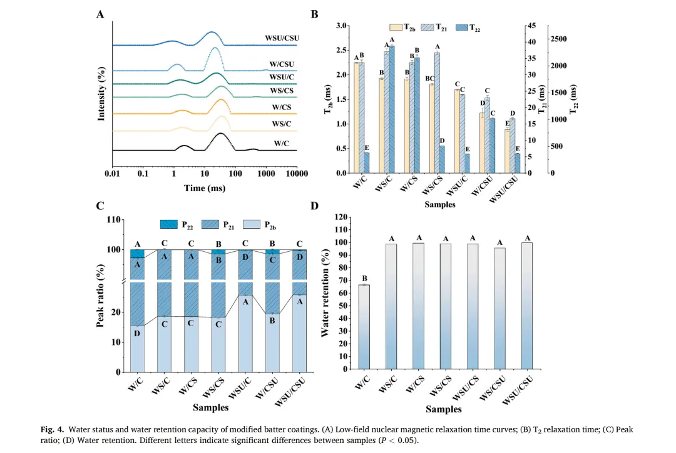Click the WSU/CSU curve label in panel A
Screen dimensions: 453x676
pyautogui.click(x=282, y=38)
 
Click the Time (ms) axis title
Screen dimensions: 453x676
pyautogui.click(x=204, y=187)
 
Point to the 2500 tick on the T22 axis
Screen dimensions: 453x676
pyautogui.click(x=559, y=39)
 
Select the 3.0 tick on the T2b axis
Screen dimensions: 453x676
pyautogui.click(x=342, y=26)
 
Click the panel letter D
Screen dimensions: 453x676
pyautogui.click(x=314, y=206)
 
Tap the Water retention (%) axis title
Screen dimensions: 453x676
pyautogui.click(x=325, y=292)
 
